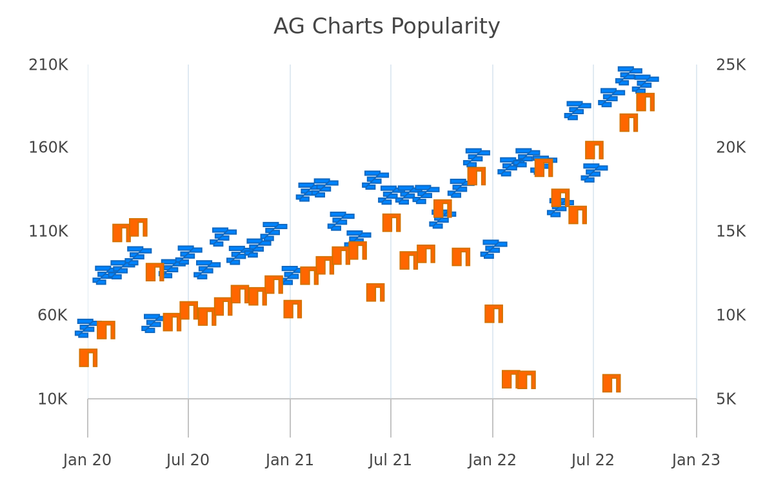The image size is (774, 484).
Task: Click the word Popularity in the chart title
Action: point(445,27)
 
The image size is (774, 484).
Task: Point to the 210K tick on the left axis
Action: point(48,65)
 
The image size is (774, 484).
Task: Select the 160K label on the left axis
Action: point(48,148)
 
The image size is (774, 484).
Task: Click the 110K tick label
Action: point(48,231)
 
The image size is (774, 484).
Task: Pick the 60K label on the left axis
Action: point(52,316)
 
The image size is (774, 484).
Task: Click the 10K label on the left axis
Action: point(52,399)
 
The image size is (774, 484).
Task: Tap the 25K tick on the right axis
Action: point(730,65)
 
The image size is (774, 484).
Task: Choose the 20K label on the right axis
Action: point(730,148)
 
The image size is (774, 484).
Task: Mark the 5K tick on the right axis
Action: point(726,399)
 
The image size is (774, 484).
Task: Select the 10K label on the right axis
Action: point(730,316)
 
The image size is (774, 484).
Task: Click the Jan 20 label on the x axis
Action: point(87,461)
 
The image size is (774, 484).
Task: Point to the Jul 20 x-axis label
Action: point(188,461)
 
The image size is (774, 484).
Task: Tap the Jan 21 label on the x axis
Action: point(290,461)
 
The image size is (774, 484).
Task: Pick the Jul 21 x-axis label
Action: point(390,461)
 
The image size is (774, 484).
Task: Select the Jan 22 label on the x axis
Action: point(492,461)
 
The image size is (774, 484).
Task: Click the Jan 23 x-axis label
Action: point(696,461)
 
